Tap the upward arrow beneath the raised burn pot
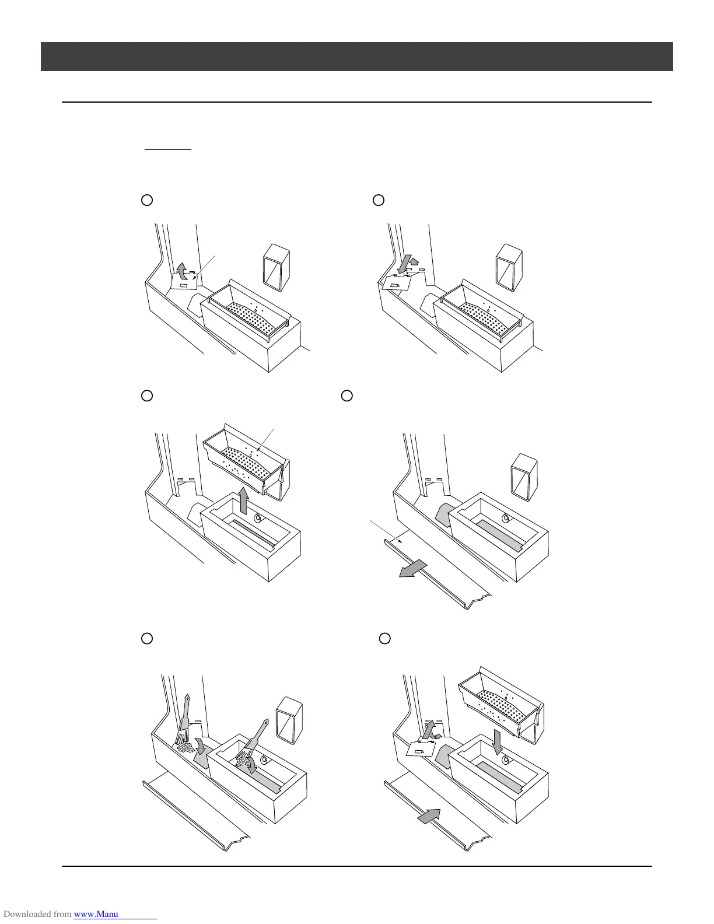tap(244, 501)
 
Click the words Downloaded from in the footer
tap(37, 914)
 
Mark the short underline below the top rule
tap(168, 149)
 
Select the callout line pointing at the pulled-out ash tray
tap(385, 531)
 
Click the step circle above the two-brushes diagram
tap(147, 638)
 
